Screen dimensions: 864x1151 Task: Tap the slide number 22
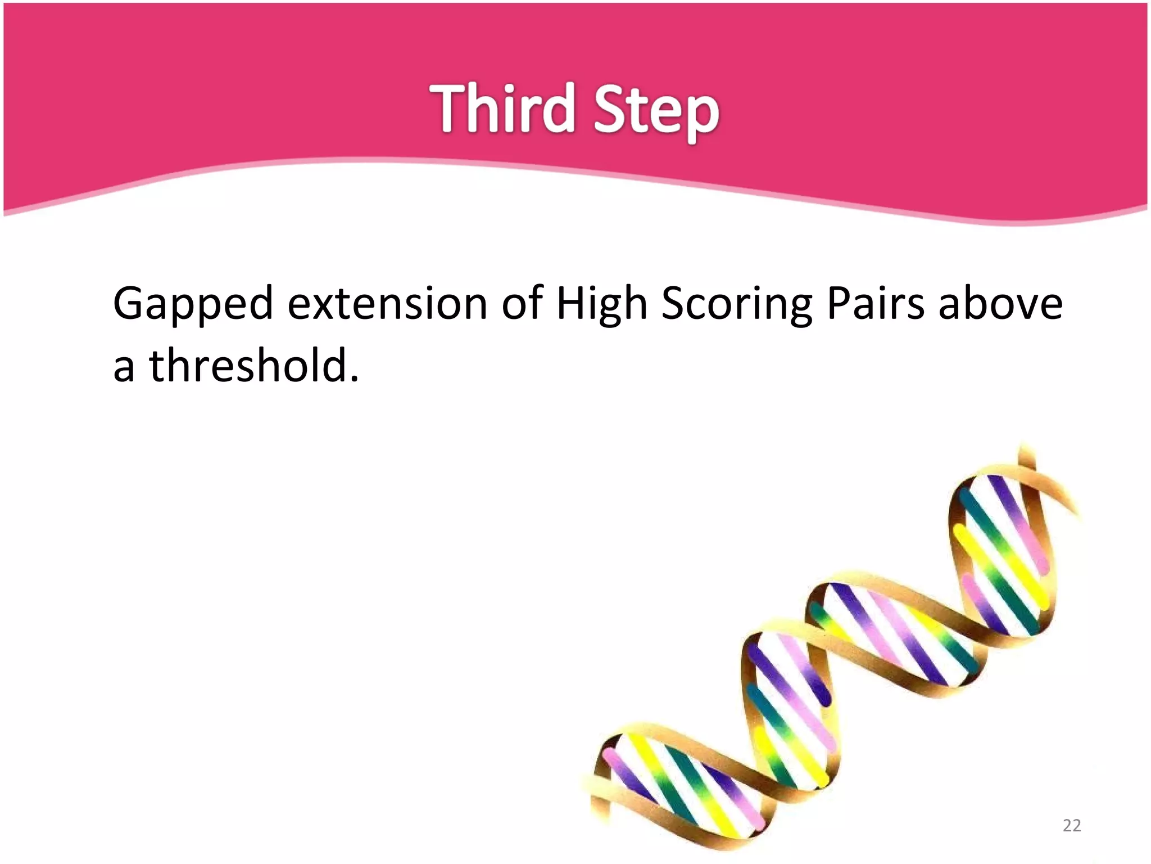1072,825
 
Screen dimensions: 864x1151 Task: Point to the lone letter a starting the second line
124,369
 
